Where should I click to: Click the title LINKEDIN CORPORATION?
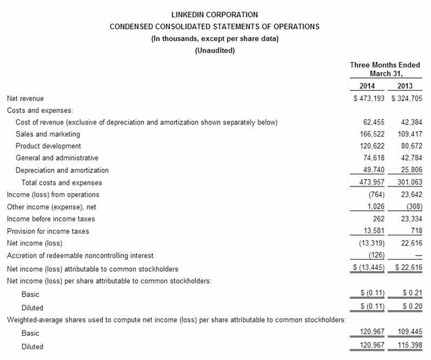click(215, 14)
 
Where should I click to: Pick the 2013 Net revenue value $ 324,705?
click(407, 98)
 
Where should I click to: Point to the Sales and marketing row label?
click(48, 134)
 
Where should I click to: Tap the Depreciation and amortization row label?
click(62, 170)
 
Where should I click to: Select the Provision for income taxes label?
click(48, 231)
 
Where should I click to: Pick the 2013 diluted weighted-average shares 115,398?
click(409, 346)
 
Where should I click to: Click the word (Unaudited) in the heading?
click(215, 50)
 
